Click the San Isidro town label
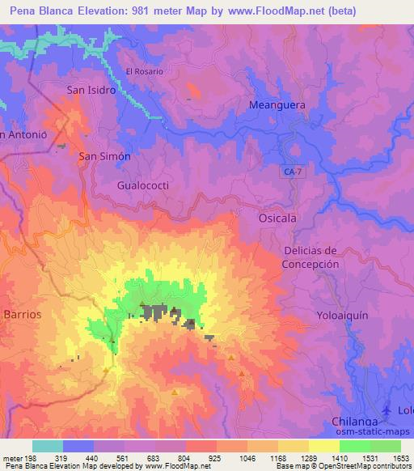coord(91,90)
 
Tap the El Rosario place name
coord(145,71)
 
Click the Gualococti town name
coord(142,185)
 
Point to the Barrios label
coord(22,312)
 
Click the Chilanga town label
coord(356,422)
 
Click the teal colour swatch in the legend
coord(48,446)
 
